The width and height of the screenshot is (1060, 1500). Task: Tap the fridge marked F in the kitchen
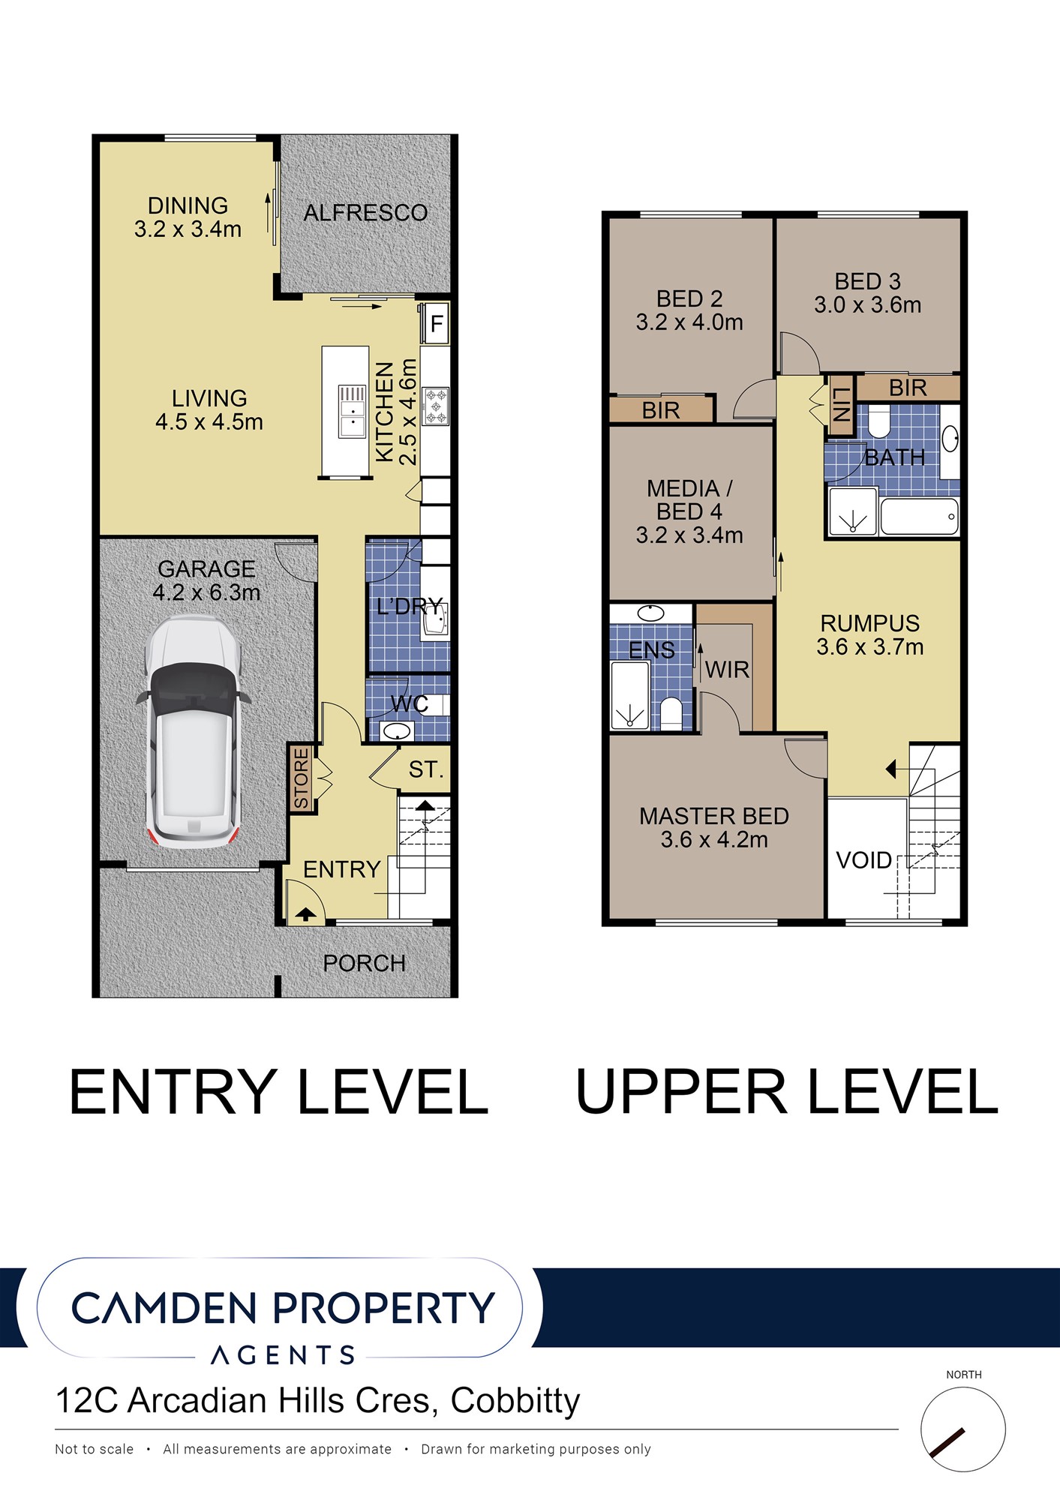pos(436,324)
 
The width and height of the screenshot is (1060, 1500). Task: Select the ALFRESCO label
pos(365,213)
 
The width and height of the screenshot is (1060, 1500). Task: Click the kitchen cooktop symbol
pos(436,406)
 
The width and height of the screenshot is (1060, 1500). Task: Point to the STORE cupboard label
pos(301,778)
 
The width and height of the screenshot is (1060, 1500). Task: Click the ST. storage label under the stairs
pos(426,769)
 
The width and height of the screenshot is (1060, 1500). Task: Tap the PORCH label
pos(364,963)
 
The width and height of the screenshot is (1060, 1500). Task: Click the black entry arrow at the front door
pos(305,914)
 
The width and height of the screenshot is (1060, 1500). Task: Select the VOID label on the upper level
pos(864,860)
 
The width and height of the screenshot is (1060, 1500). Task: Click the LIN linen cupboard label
pos(841,404)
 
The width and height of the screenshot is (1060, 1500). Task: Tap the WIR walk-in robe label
pos(727,670)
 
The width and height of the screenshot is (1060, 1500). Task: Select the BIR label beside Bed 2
pos(661,410)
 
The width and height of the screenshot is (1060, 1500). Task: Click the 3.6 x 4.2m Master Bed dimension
pos(714,840)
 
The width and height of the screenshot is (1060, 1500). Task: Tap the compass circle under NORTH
pos(963,1429)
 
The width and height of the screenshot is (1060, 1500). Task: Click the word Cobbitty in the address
pos(515,1401)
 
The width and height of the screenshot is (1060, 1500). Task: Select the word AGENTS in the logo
pos(283,1355)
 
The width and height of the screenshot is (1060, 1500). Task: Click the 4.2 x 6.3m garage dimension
pos(206,592)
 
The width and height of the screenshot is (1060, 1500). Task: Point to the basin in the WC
pos(395,731)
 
